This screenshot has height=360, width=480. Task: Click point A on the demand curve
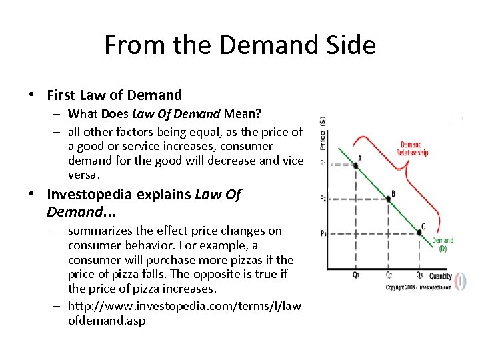click(355, 165)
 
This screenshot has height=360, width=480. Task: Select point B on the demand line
click(388, 198)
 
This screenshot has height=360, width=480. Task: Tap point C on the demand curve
click(419, 232)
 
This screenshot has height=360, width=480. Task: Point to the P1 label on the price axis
click(323, 164)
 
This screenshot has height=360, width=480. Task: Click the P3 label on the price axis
click(323, 233)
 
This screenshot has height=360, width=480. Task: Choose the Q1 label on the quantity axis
click(356, 275)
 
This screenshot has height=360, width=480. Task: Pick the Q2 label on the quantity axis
click(389, 275)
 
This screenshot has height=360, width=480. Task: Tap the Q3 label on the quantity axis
click(419, 275)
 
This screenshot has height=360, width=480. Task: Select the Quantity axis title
click(440, 275)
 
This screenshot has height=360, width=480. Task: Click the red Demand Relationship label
click(412, 149)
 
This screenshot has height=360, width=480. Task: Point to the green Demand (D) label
click(442, 244)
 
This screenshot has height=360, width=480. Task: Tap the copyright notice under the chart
click(417, 287)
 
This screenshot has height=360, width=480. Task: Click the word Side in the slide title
click(349, 45)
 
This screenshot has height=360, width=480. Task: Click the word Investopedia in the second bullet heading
click(91, 195)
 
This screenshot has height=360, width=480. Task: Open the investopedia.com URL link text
click(185, 313)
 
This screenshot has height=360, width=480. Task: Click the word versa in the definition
click(83, 175)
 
